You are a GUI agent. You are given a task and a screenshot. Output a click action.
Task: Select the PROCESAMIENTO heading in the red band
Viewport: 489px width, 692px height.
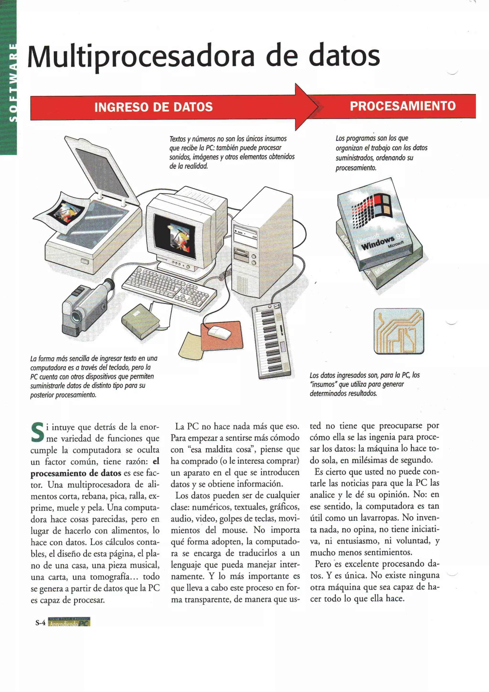[x=403, y=106]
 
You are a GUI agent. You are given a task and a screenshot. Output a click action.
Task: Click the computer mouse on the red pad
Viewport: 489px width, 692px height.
[x=220, y=332]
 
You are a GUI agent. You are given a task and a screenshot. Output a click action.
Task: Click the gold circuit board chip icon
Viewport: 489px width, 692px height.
[x=399, y=331]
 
